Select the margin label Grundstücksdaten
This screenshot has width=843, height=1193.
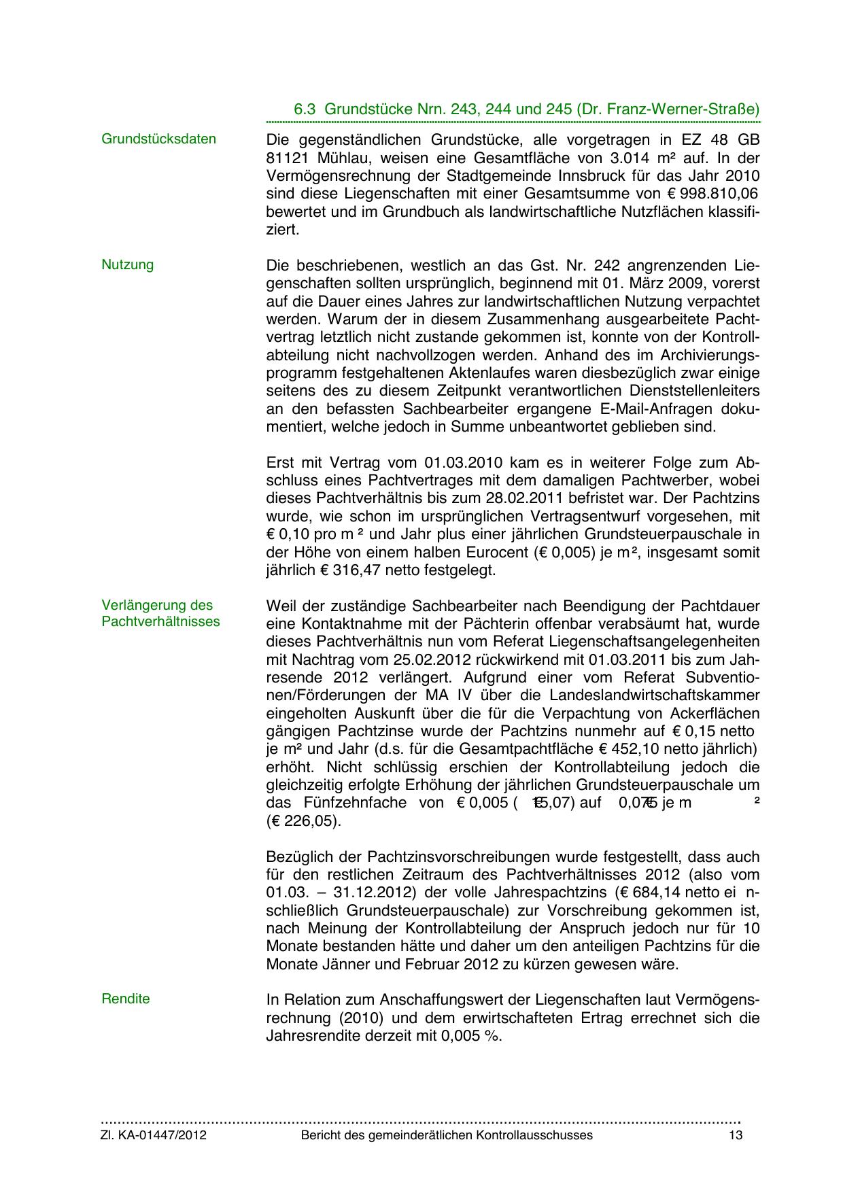158,139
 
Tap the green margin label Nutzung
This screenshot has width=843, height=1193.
127,264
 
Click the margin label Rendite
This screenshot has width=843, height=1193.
125,999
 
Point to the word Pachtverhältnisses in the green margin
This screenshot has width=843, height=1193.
160,621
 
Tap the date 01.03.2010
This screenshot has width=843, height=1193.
463,464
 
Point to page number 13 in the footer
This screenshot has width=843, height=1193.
735,1135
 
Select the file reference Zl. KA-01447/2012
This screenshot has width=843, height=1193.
154,1135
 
